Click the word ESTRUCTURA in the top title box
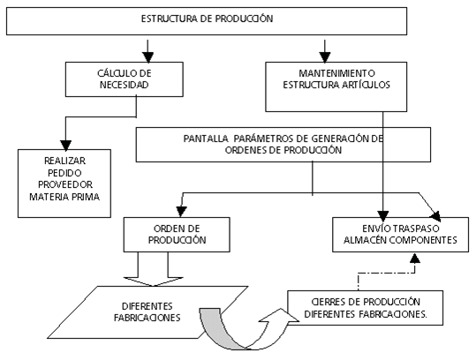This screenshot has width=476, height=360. click(x=169, y=19)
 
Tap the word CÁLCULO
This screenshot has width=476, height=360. click(x=114, y=72)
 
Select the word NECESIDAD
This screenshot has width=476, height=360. click(x=125, y=85)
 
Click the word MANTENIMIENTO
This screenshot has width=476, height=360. click(x=336, y=73)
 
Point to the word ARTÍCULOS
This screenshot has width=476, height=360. click(x=366, y=85)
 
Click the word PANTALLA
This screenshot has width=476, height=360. click(x=206, y=139)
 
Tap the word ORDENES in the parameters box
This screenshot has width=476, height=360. click(x=245, y=150)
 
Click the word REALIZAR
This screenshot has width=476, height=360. click(x=64, y=161)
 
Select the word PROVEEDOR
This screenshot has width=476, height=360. click(x=65, y=184)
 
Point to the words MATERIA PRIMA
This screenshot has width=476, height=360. click(x=64, y=197)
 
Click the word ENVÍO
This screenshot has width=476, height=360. click(x=374, y=228)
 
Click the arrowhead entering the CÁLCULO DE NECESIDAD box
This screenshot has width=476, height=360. click(x=147, y=57)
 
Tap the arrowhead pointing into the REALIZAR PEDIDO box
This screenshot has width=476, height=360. click(x=65, y=145)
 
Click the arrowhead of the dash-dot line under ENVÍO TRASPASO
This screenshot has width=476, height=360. click(x=415, y=258)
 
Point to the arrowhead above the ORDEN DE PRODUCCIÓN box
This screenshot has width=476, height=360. click(x=181, y=212)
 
